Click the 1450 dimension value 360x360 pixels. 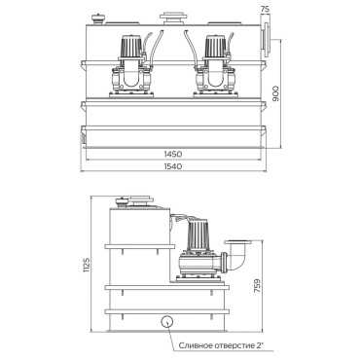click(174, 155)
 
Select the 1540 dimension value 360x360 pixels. click(174, 166)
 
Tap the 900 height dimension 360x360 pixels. click(275, 93)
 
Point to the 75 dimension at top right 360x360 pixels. click(265, 9)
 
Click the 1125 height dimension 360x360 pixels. click(86, 265)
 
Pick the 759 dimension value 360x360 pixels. click(257, 286)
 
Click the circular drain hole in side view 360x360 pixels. click(166, 321)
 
